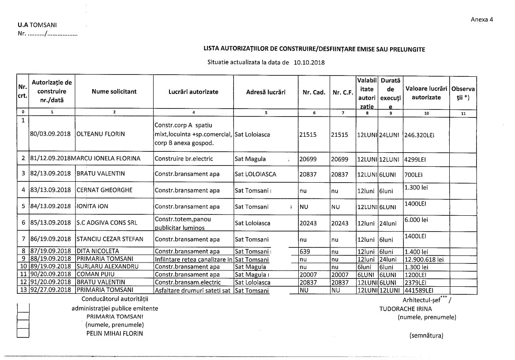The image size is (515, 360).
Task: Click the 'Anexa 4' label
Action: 482,19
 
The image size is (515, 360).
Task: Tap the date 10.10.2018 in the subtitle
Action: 309,63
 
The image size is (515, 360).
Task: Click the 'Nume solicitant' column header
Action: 114,92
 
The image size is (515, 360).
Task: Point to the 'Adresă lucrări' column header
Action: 266,92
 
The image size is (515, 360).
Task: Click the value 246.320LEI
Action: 420,135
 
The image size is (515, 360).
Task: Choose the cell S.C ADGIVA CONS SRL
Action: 104,223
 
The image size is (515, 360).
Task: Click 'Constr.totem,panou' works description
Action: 183,219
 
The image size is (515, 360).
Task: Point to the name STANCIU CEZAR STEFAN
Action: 110,240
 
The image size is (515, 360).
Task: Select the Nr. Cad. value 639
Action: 304,251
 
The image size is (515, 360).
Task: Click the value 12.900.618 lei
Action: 426,259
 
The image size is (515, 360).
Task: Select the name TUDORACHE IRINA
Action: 406,309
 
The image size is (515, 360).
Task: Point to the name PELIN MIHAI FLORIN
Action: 115,334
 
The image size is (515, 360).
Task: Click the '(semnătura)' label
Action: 426,335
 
